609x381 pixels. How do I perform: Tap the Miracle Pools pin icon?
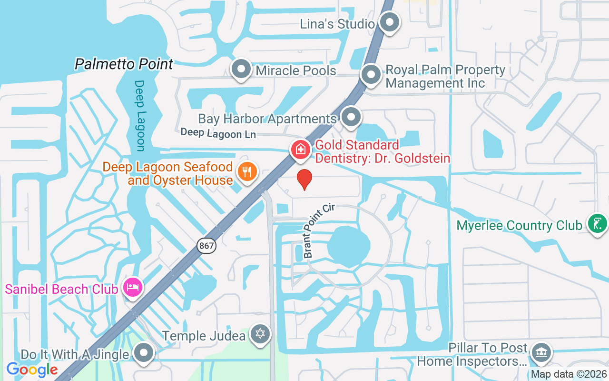point(241,70)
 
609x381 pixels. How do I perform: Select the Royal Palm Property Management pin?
point(371,75)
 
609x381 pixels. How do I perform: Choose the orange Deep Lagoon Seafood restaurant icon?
point(247,172)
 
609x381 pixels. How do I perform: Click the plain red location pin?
point(304,179)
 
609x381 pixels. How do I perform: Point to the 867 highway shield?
point(206,246)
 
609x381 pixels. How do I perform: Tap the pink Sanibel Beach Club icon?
point(133,287)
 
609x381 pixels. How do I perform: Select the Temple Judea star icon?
point(260,334)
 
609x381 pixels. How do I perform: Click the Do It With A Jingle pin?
point(144,353)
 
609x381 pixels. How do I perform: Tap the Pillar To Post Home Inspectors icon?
point(540,353)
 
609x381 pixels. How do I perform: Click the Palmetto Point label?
point(124,64)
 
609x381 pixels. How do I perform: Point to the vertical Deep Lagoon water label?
point(139,115)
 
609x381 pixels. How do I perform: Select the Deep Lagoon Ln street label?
point(218,133)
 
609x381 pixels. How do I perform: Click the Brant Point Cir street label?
point(319,231)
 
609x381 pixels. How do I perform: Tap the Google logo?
point(32,369)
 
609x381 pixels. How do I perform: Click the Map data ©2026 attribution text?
point(569,374)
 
